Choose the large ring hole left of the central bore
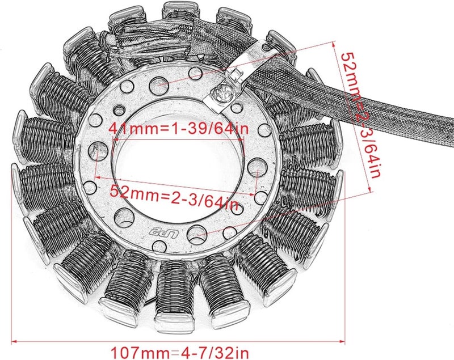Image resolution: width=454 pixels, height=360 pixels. click(97, 150)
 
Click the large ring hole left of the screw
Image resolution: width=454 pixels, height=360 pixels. click(195, 73)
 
